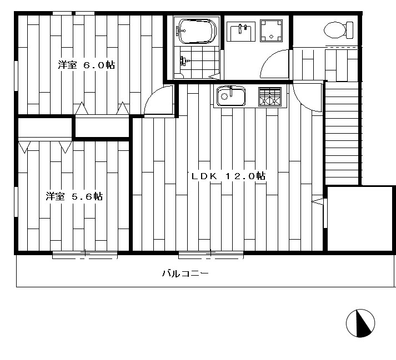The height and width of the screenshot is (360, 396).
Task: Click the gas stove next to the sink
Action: [x=269, y=97]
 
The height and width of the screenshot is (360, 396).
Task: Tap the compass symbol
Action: [x=360, y=322]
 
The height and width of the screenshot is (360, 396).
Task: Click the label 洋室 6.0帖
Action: [x=87, y=65]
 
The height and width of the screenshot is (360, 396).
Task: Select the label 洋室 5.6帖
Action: [x=74, y=196]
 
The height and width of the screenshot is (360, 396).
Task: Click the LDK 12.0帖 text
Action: [x=228, y=176]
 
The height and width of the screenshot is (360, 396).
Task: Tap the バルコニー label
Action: [x=186, y=273]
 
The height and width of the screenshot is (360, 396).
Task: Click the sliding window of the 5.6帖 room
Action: [x=85, y=255]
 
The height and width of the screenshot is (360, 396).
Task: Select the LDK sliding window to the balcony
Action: [x=211, y=255]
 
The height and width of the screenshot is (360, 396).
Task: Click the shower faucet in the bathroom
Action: [x=183, y=61]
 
